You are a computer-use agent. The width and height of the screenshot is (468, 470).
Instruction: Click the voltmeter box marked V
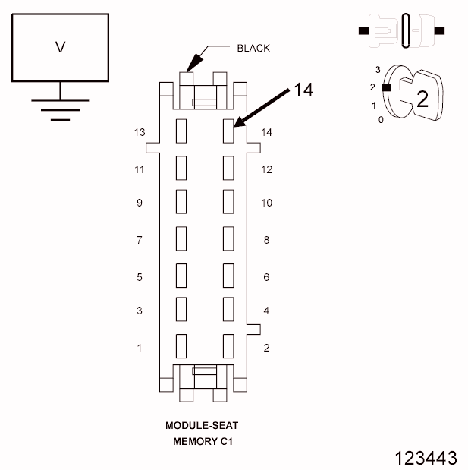(x=61, y=47)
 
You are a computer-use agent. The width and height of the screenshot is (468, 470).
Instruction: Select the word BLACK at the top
(x=253, y=48)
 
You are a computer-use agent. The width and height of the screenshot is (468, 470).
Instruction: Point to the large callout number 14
(x=303, y=90)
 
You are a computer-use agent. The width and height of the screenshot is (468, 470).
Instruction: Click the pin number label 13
(x=139, y=132)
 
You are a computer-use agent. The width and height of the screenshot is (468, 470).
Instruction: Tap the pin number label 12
(x=266, y=169)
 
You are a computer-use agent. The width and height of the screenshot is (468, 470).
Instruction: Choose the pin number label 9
(x=139, y=203)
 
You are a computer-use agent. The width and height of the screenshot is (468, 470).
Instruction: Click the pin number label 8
(x=266, y=240)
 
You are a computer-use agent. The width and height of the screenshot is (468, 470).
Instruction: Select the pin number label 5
(x=139, y=277)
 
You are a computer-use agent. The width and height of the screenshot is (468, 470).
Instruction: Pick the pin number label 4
(x=266, y=311)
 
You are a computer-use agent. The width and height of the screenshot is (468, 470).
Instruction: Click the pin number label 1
(x=139, y=348)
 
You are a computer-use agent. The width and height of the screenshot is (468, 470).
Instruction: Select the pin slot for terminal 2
(x=228, y=345)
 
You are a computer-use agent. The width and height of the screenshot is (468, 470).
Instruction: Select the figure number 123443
(x=426, y=457)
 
